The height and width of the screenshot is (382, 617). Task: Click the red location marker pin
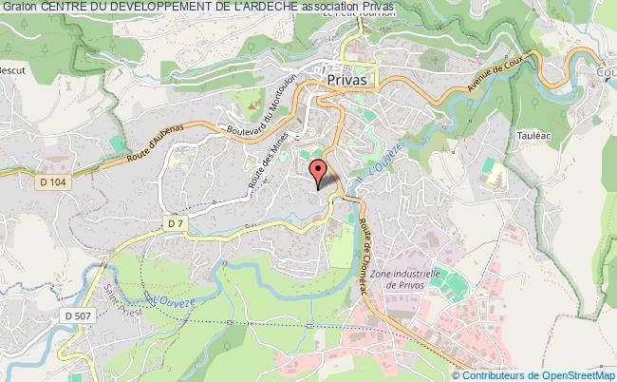click(320, 172)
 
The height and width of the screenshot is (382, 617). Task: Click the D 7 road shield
click(173, 222)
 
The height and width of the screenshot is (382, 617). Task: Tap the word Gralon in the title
click(19, 7)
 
